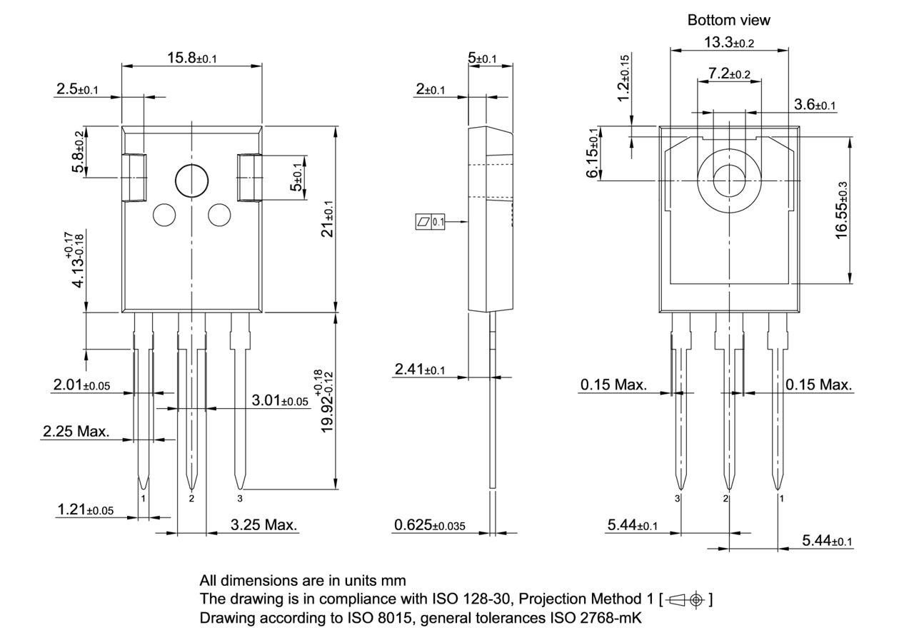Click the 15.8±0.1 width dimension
[x=191, y=58]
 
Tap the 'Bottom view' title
[x=728, y=20]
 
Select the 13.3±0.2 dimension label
[x=728, y=43]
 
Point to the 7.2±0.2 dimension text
[x=729, y=73]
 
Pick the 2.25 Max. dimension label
[x=76, y=432]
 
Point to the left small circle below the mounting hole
[x=164, y=215]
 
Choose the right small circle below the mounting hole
[x=219, y=215]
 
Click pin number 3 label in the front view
[x=240, y=498]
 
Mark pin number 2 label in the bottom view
[x=726, y=498]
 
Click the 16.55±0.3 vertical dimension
[x=843, y=210]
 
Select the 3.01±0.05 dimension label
[x=280, y=401]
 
